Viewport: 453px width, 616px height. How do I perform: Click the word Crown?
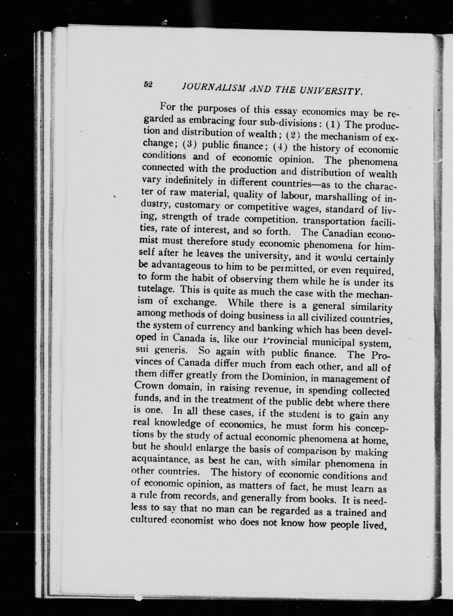point(149,386)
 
